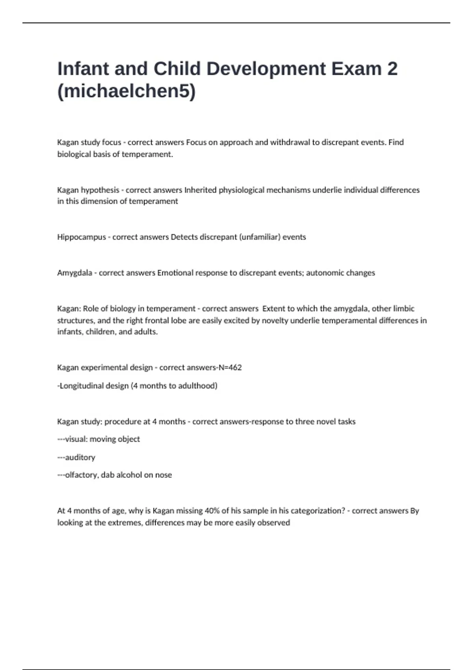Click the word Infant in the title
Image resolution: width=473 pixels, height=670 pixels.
click(83, 69)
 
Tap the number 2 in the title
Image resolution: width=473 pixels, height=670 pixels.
click(392, 69)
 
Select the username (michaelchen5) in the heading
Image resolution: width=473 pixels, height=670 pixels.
click(127, 91)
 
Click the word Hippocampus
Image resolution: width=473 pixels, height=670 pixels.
click(82, 237)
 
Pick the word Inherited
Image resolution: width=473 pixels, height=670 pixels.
click(201, 190)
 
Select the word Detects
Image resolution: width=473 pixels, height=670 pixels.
click(184, 237)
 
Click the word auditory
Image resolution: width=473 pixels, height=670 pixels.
click(80, 457)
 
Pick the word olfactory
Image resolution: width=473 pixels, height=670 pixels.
click(82, 475)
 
